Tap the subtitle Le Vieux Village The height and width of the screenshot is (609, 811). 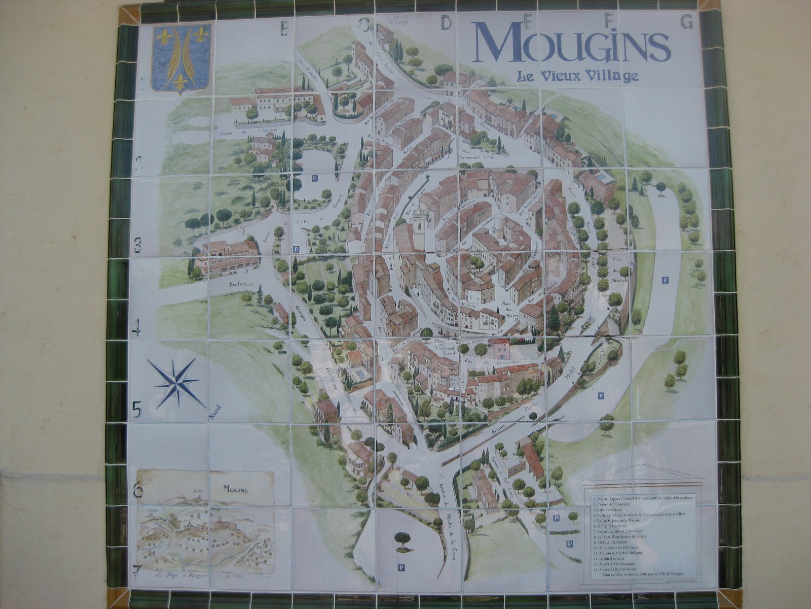pyautogui.click(x=577, y=77)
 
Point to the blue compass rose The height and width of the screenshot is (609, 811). pyautogui.click(x=175, y=383)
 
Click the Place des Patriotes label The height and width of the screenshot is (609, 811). pyautogui.click(x=620, y=269)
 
